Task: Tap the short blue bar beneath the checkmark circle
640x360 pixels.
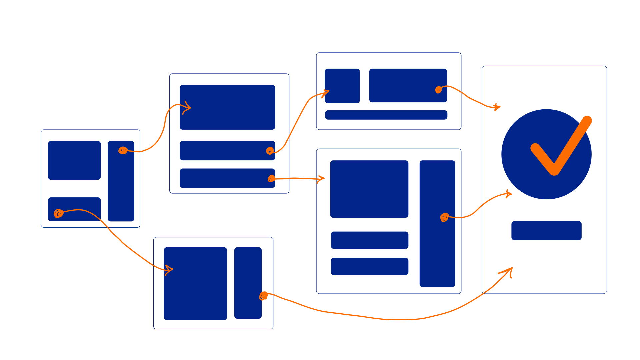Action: click(546, 230)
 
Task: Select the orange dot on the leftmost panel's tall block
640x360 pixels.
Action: click(123, 151)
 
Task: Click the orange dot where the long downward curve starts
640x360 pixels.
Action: click(59, 213)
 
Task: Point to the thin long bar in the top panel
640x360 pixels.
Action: click(386, 115)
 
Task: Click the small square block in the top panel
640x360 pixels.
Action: click(342, 86)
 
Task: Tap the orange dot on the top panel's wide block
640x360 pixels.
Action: click(439, 90)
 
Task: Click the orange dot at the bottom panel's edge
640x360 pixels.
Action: click(264, 296)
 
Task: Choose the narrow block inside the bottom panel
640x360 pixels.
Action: click(248, 283)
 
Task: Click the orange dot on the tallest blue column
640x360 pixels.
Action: click(445, 217)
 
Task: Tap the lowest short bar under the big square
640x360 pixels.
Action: click(369, 266)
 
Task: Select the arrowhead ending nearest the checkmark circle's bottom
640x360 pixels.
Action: click(508, 194)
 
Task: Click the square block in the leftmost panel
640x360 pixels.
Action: click(74, 160)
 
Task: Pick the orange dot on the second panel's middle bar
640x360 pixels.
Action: click(270, 151)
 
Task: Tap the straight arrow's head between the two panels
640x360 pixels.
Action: click(321, 179)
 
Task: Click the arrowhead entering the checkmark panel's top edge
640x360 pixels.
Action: click(497, 107)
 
